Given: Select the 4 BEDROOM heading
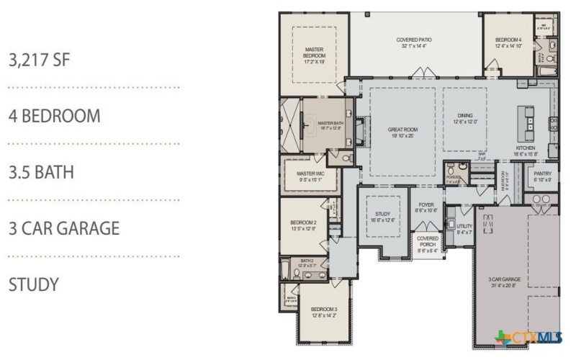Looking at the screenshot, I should point(54,116).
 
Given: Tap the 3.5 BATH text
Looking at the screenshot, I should point(41,172).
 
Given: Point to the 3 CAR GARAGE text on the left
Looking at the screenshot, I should point(63,228).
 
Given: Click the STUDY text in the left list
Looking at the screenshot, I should point(33,284).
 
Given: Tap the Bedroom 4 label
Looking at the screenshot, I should point(508,42).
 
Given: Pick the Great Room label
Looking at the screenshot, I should point(404,132).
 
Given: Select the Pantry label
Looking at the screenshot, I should point(541,176).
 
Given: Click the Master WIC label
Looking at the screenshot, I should point(312,176).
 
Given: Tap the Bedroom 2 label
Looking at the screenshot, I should point(304,225).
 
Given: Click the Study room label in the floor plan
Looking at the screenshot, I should point(382,217).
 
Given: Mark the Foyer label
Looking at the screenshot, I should point(426,207).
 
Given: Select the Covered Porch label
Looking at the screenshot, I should point(427,243).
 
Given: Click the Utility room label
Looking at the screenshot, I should point(464,229).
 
